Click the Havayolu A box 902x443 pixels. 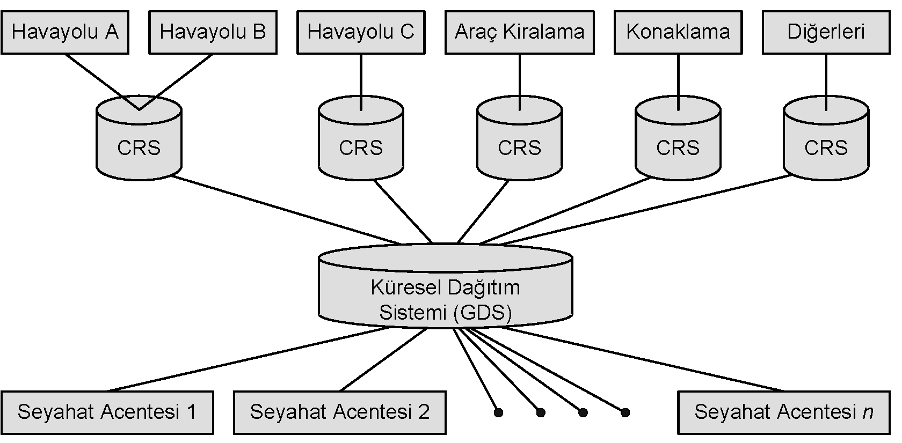[65, 32]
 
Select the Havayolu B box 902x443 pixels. [213, 32]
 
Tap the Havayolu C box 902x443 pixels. [361, 32]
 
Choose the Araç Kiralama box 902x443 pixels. [519, 32]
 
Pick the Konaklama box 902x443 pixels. [678, 32]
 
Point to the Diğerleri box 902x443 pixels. [826, 32]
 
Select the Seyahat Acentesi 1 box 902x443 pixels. [107, 412]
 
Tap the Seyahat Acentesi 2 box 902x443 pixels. [339, 412]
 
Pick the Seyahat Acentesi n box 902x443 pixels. [783, 412]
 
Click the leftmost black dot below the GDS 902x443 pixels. [498, 412]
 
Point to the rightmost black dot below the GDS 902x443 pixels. [625, 412]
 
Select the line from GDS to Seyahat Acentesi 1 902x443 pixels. [247, 359]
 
